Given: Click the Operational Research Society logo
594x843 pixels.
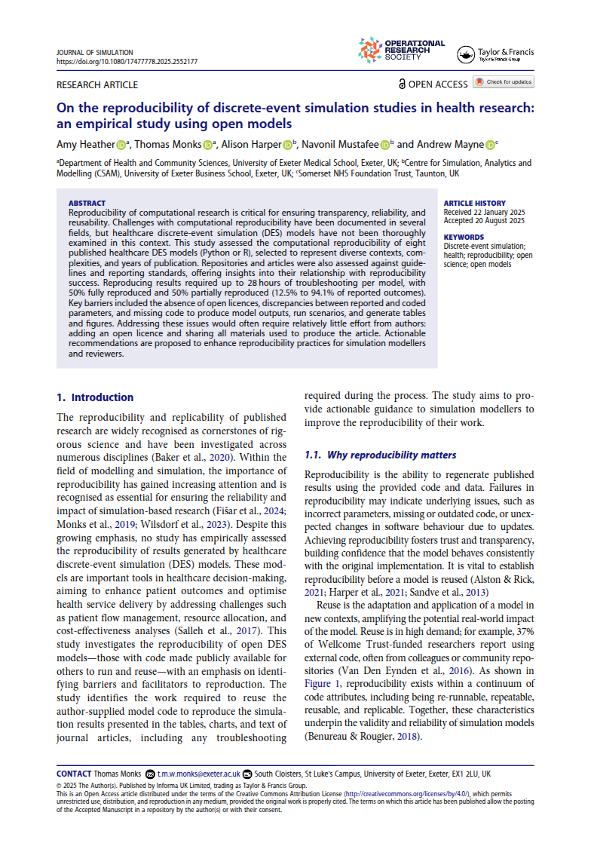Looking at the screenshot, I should [402, 50].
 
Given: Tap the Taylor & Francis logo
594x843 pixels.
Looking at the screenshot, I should [495, 54].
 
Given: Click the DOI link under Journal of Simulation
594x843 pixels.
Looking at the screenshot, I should [127, 62].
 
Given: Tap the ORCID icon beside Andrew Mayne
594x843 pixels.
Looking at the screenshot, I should [490, 145].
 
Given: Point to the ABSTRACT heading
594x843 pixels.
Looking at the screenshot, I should [87, 204].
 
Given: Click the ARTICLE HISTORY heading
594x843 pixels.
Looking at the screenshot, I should [475, 204].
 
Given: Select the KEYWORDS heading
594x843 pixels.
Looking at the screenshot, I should [464, 237].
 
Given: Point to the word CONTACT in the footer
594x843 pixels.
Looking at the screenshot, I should [73, 774].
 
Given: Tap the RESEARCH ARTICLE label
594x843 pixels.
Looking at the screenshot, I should [97, 84].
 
